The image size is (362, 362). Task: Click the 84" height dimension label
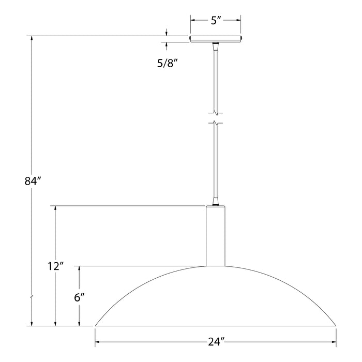coord(32,182)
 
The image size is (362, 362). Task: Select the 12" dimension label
coord(55,267)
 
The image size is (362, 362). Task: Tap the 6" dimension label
coord(79,297)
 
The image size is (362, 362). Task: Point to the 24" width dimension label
coord(216,342)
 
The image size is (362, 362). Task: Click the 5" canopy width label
coord(216,21)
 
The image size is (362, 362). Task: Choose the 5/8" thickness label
coord(168,65)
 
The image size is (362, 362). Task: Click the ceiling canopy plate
coord(216,39)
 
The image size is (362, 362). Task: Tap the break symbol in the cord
coord(216,117)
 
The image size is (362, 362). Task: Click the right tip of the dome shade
coord(336,325)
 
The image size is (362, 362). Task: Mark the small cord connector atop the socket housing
coord(216,201)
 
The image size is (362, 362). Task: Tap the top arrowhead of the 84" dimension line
coord(32,39)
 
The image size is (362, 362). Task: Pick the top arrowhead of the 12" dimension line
coord(55,208)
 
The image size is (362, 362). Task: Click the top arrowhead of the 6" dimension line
coord(79,268)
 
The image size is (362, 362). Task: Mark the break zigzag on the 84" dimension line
coord(32,298)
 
